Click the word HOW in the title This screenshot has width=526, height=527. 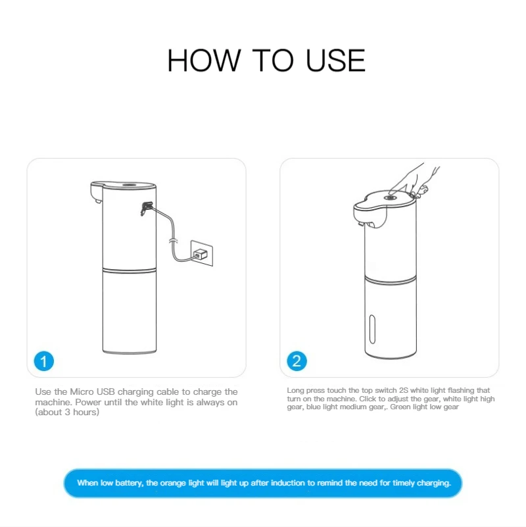pyautogui.click(x=204, y=61)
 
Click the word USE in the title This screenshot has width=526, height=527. pyautogui.click(x=335, y=61)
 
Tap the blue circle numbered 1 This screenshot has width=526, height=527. pyautogui.click(x=44, y=361)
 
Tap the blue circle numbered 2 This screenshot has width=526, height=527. pyautogui.click(x=297, y=361)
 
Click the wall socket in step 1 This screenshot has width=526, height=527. pyautogui.click(x=202, y=253)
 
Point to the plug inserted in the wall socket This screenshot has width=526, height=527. pyautogui.click(x=201, y=254)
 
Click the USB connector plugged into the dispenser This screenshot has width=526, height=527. pyautogui.click(x=147, y=208)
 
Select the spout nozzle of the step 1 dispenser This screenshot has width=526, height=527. pyautogui.click(x=98, y=201)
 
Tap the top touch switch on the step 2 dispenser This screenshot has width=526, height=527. pyautogui.click(x=390, y=198)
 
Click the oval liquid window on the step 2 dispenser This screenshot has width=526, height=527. pyautogui.click(x=372, y=330)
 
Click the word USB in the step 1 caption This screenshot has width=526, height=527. pyautogui.click(x=105, y=392)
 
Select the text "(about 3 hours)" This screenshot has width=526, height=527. pyautogui.click(x=67, y=412)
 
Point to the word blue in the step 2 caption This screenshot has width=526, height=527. pyautogui.click(x=314, y=407)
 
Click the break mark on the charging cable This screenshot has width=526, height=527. pyautogui.click(x=173, y=241)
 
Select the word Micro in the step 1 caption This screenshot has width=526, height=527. pyautogui.click(x=82, y=392)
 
